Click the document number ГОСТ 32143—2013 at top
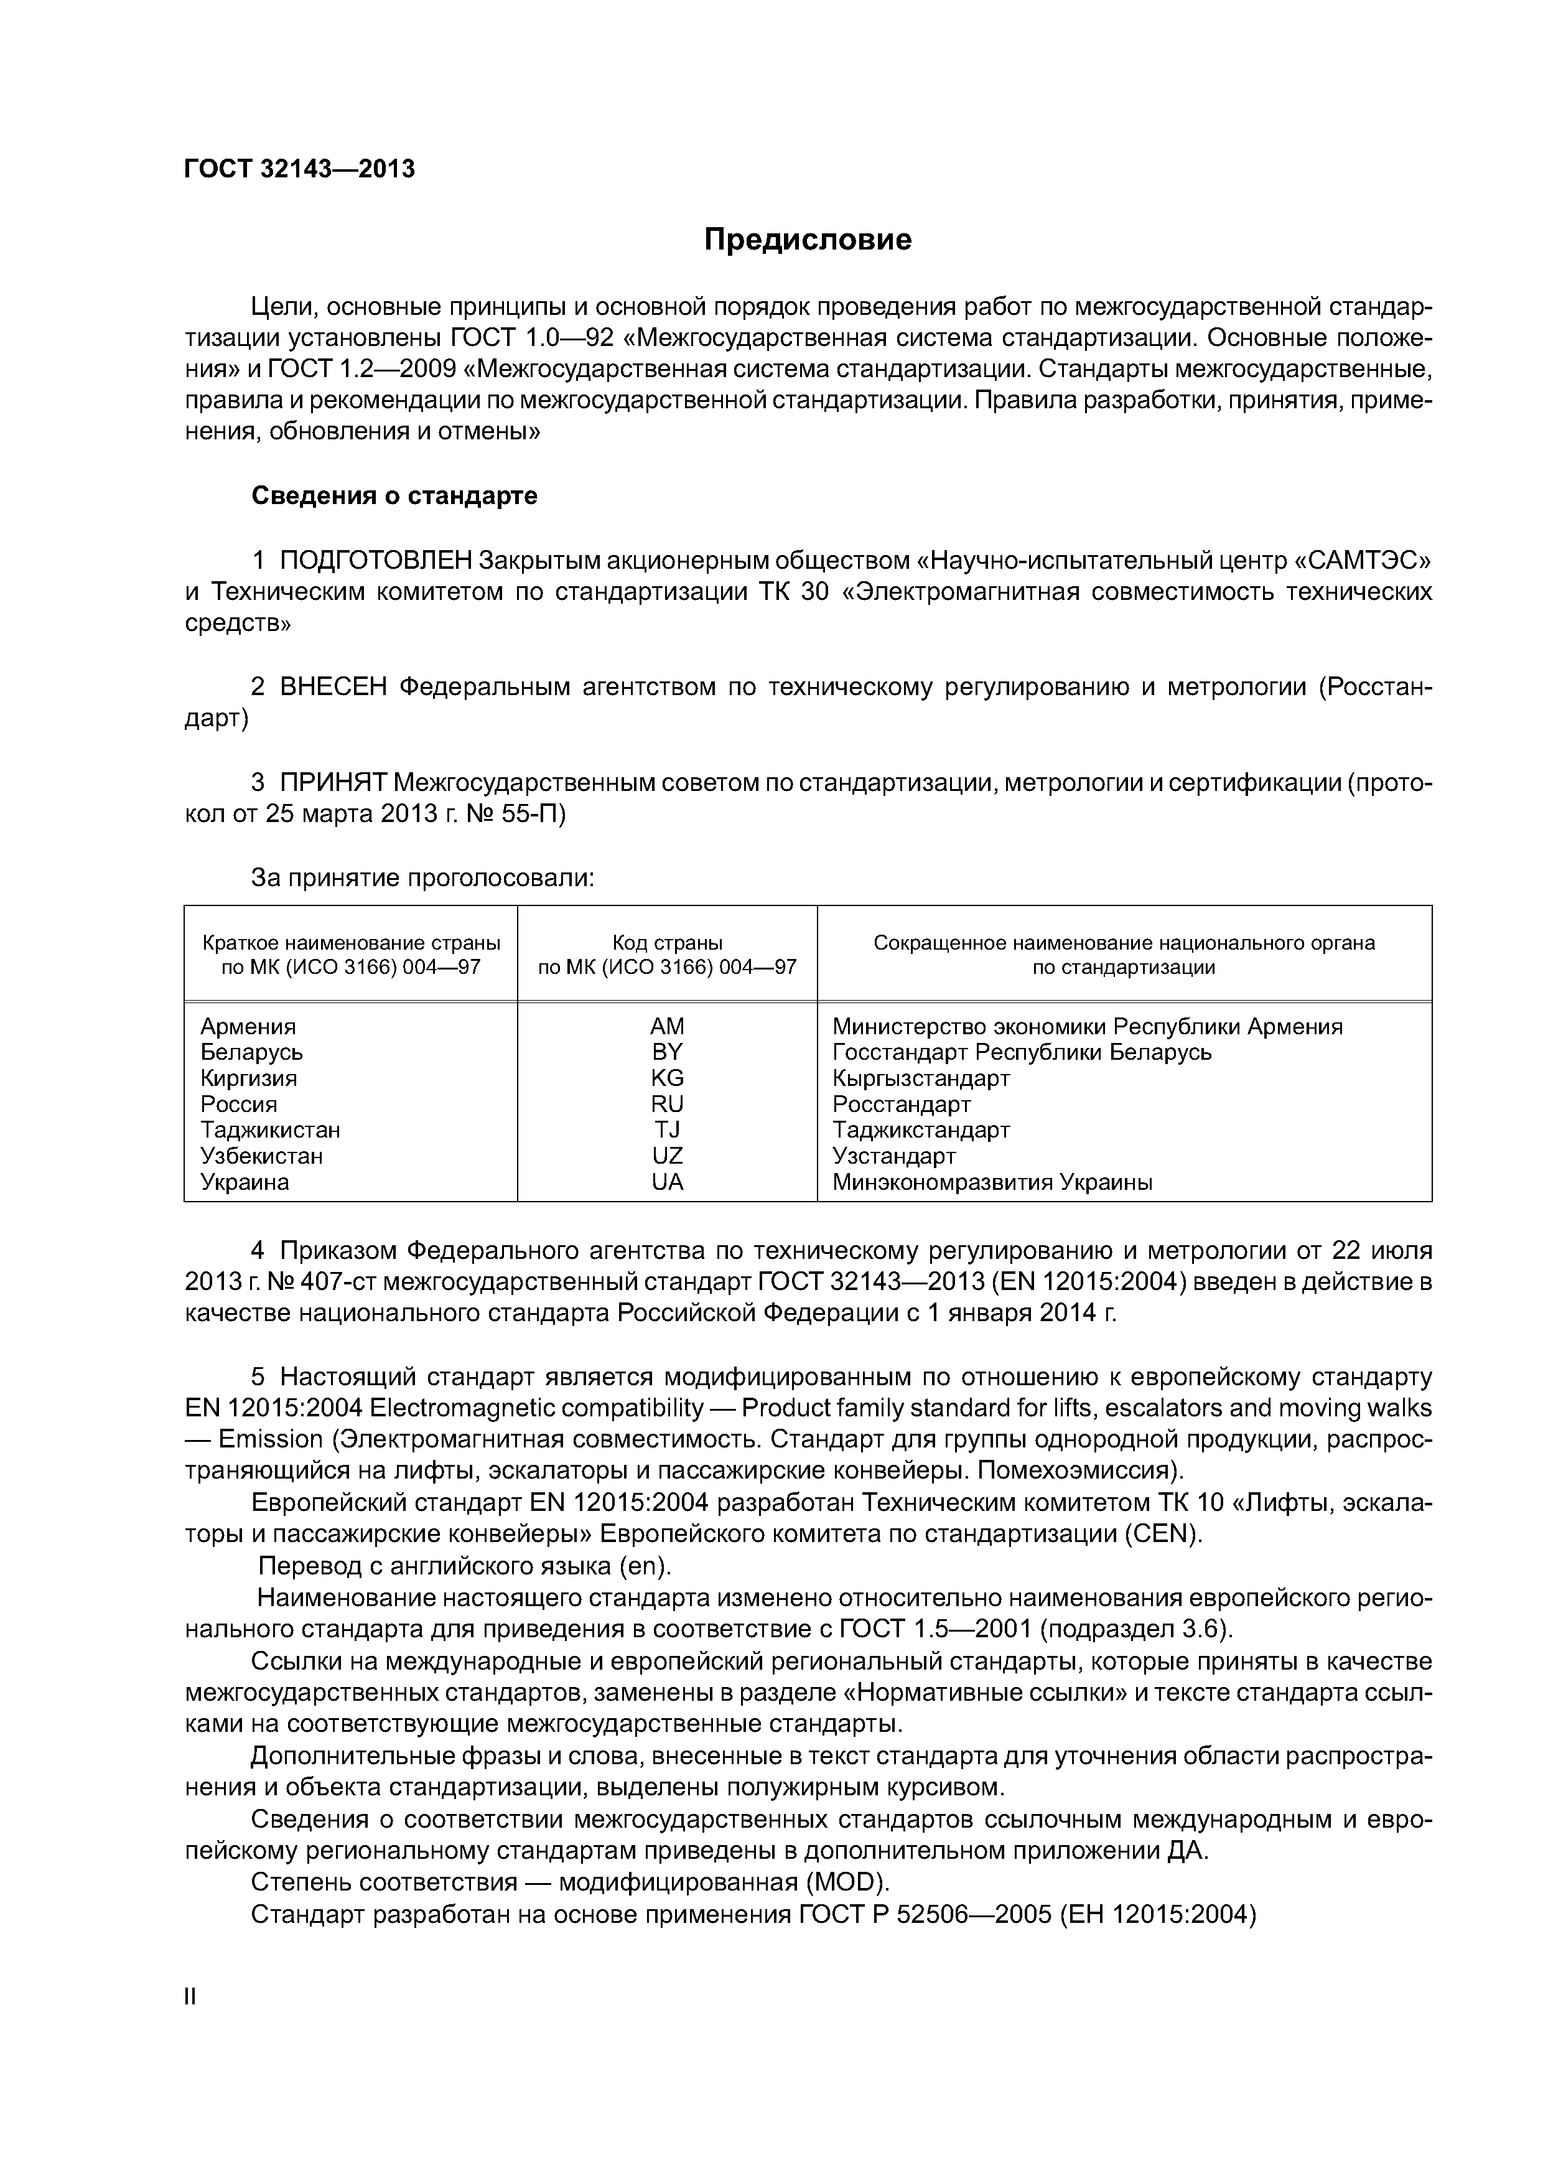(x=299, y=169)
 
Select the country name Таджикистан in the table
(x=270, y=1131)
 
